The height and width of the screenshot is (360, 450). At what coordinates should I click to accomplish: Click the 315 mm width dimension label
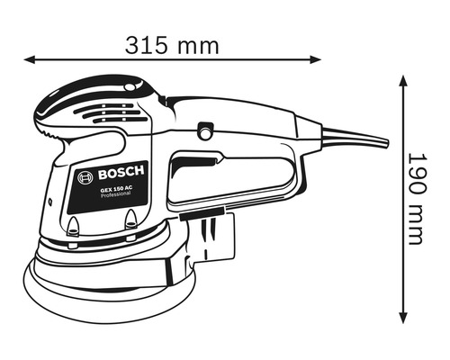click(x=170, y=41)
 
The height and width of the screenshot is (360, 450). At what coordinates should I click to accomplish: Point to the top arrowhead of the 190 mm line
click(x=400, y=78)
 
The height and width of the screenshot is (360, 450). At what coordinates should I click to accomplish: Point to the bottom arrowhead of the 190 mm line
click(x=400, y=318)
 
